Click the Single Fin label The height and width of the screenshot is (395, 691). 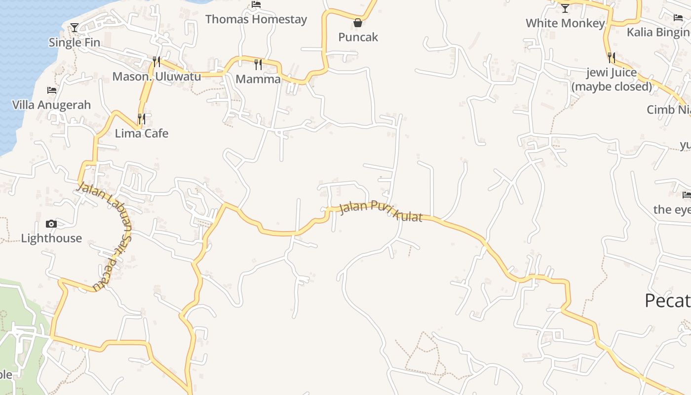[x=75, y=42]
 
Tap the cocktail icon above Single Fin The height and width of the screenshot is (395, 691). [x=75, y=28]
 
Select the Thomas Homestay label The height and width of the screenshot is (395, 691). [x=256, y=19]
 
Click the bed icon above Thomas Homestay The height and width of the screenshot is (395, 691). [x=256, y=4]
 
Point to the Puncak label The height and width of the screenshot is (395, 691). [x=358, y=37]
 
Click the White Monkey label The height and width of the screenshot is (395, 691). [x=565, y=23]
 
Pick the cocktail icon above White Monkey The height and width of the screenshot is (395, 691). [x=565, y=8]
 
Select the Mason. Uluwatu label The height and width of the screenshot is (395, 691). [x=156, y=77]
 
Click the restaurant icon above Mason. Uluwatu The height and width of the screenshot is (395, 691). [x=156, y=62]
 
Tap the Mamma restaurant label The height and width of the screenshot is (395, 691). [x=258, y=79]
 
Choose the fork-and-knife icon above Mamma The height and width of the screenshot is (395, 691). [x=258, y=64]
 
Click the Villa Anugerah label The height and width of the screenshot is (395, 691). [x=52, y=105]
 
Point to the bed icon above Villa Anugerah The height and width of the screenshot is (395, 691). [x=52, y=90]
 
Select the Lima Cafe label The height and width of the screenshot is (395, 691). [x=142, y=133]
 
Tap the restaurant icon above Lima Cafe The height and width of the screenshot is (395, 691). [x=142, y=119]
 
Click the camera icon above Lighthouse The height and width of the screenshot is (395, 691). [x=51, y=224]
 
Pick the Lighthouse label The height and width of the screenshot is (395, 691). [x=51, y=238]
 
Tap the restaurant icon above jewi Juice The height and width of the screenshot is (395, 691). [x=612, y=58]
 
